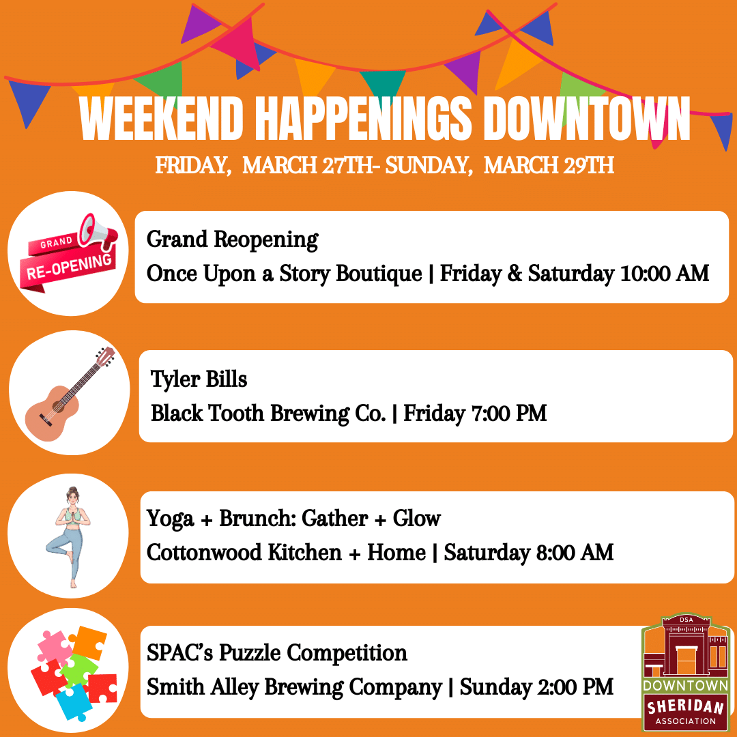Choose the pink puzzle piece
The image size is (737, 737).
point(54,646)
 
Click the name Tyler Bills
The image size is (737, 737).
point(199,379)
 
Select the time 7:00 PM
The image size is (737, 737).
point(508,414)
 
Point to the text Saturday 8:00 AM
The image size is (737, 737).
point(529,552)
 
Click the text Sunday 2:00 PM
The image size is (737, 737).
point(536,687)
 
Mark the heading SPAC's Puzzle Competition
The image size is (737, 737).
point(277,653)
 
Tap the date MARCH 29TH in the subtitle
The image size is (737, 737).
point(549,166)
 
